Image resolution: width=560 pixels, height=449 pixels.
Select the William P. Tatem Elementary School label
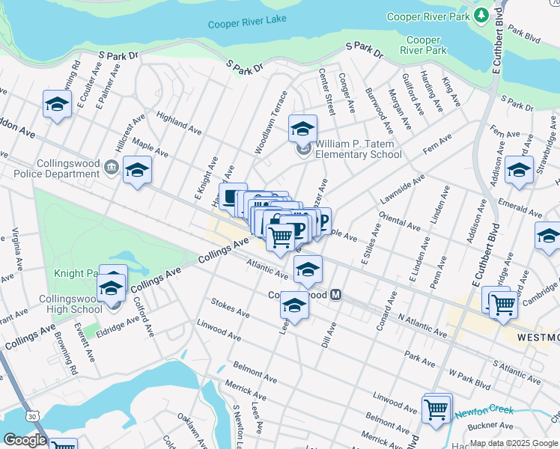pos(358,149)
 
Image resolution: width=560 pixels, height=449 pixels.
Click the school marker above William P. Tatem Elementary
pos(302,129)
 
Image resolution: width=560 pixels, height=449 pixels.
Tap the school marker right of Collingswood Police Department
pos(137,171)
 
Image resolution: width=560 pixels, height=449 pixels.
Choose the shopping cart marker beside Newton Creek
pos(436,409)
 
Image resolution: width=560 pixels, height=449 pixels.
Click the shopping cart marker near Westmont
pos(502,304)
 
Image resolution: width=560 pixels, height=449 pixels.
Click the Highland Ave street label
pos(179,123)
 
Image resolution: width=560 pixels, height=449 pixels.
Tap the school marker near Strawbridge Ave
pos(519,171)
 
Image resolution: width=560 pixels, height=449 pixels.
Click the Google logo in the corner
pos(24,440)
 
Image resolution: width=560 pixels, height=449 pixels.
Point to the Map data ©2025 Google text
pos(514,443)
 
